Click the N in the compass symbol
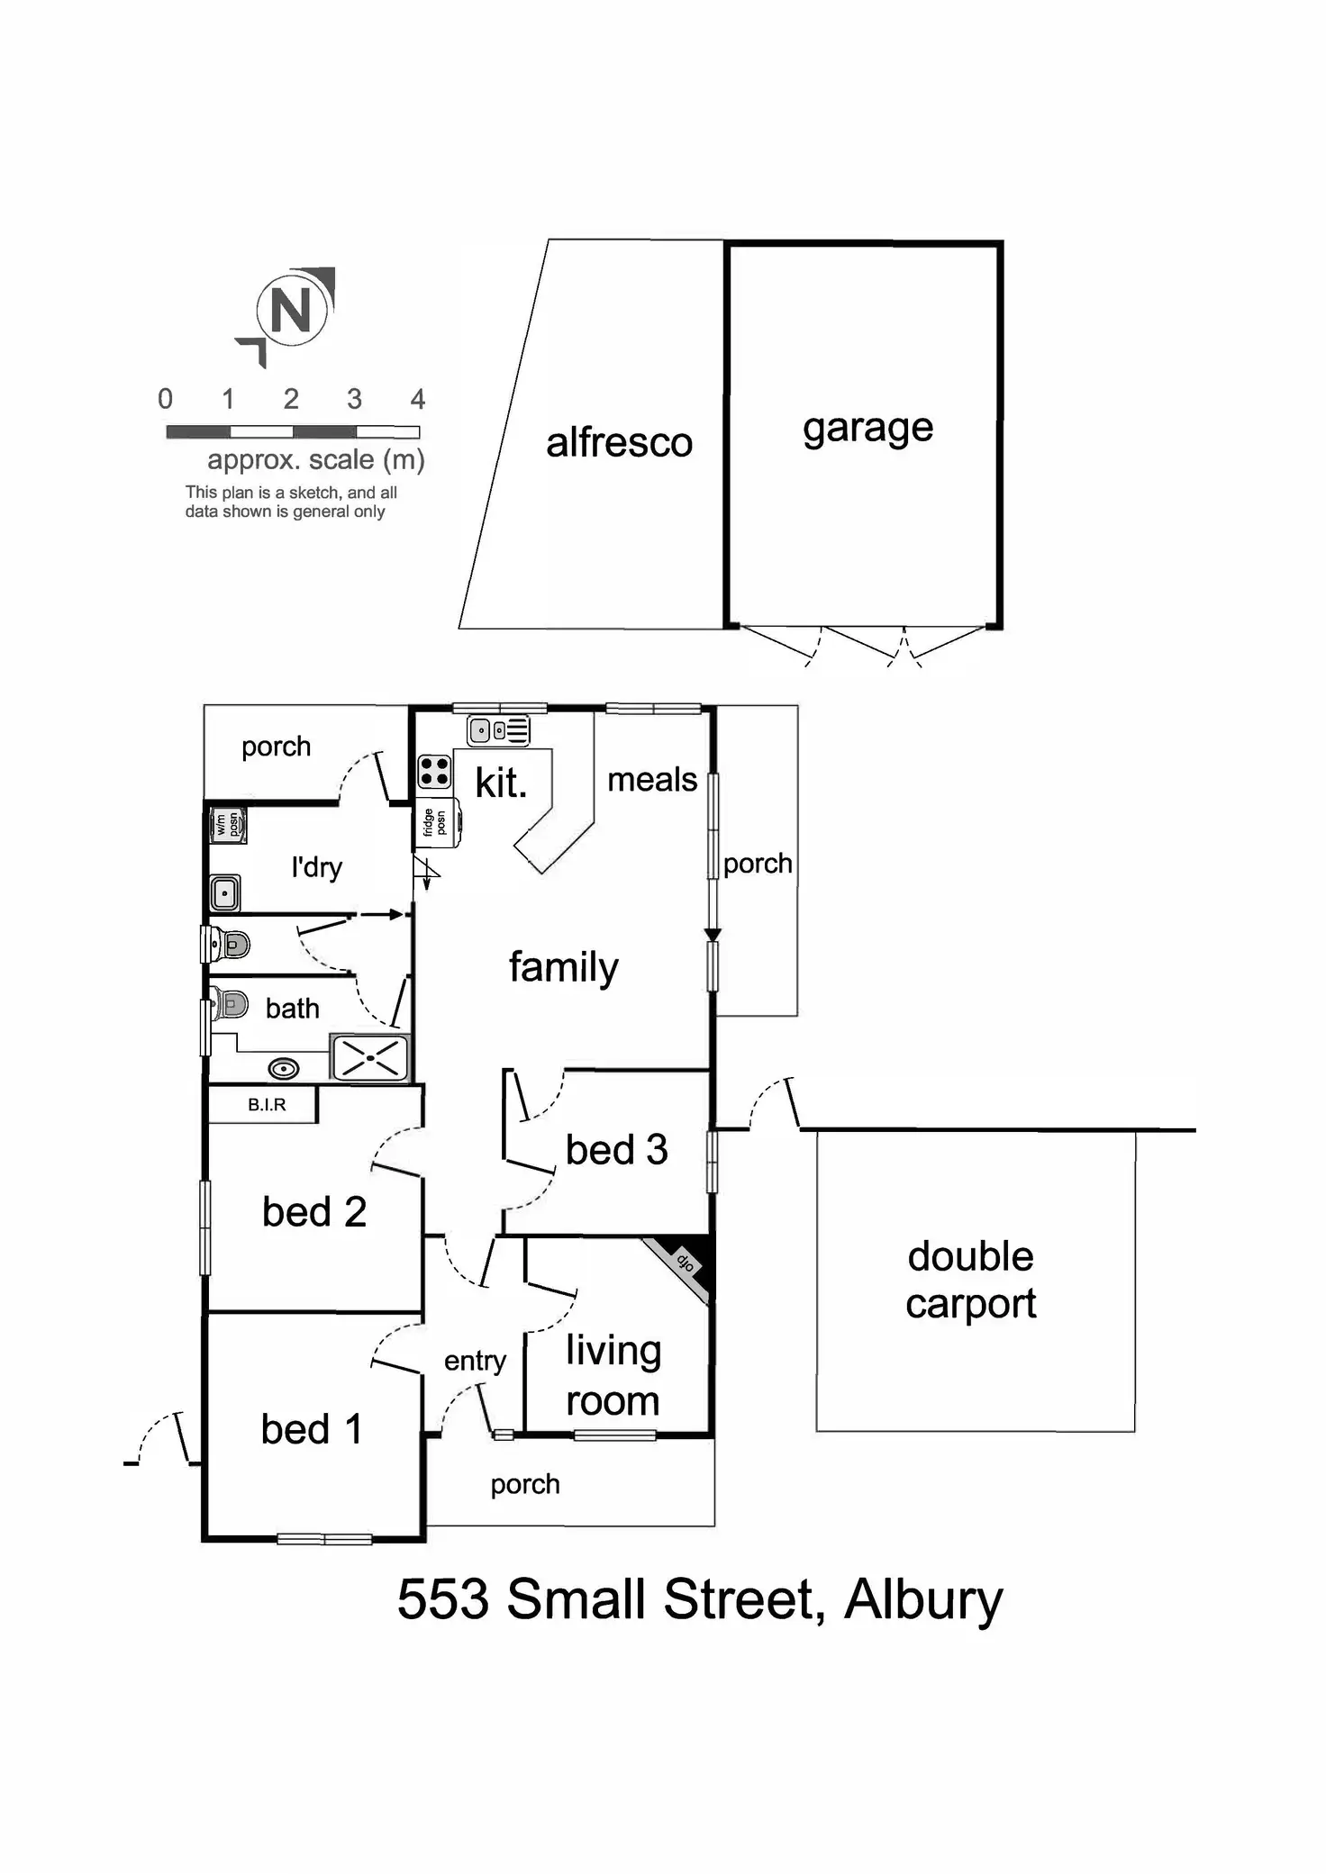click(x=290, y=312)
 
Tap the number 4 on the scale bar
click(x=417, y=399)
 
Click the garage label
click(x=867, y=429)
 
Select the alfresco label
click(x=619, y=443)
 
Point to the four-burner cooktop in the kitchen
click(x=434, y=773)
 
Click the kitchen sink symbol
click(x=498, y=730)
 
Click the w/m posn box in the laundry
click(x=227, y=825)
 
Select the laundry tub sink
click(x=224, y=893)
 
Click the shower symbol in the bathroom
click(x=370, y=1058)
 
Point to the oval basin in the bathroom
click(x=284, y=1069)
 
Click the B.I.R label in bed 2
click(x=267, y=1105)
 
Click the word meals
click(x=652, y=780)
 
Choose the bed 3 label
click(x=617, y=1150)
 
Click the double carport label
click(x=971, y=1280)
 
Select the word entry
click(x=475, y=1362)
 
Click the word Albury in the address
click(x=922, y=1600)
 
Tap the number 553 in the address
click(x=443, y=1600)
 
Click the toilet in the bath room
click(x=230, y=1003)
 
